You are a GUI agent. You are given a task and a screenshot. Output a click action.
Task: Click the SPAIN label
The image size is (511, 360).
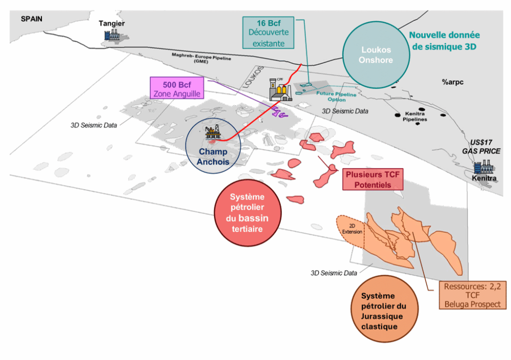(x=31, y=18)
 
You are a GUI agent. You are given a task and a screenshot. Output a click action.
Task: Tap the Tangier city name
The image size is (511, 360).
(x=111, y=23)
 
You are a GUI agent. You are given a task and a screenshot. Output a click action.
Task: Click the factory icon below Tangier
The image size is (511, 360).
(x=111, y=34)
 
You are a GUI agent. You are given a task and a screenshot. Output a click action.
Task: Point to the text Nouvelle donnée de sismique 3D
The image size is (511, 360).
(x=444, y=41)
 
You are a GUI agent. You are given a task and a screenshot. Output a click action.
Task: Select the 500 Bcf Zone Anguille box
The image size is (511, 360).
(x=179, y=88)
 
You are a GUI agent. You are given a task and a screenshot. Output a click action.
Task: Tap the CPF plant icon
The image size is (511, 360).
(x=279, y=90)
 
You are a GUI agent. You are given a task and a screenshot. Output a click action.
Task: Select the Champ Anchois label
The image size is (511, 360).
(x=213, y=156)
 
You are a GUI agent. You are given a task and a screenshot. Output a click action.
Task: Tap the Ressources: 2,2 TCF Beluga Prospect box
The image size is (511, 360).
(x=469, y=295)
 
